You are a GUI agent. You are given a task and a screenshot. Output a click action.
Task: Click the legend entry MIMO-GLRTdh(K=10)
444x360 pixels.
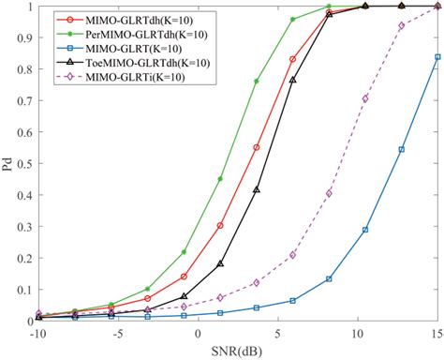coord(123,19)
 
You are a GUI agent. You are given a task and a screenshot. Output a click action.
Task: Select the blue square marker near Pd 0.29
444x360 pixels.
coord(365,229)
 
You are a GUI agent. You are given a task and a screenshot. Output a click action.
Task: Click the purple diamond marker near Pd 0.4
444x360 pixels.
coord(329,193)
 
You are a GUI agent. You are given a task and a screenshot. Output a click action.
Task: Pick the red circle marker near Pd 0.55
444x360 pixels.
coord(256,147)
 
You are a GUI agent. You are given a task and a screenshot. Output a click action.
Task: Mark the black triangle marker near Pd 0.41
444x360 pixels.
coord(256,190)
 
